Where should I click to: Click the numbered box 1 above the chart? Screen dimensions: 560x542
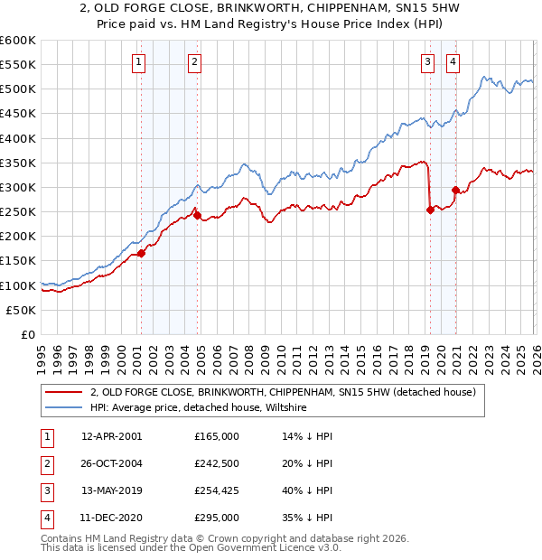click(x=139, y=62)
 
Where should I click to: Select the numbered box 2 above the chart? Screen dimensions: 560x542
click(x=195, y=62)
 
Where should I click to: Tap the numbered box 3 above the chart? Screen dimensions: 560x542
click(x=427, y=62)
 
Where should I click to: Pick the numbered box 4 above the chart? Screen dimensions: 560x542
click(x=453, y=62)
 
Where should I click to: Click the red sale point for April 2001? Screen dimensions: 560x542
click(x=141, y=254)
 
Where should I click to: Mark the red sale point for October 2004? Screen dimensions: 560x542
click(x=197, y=216)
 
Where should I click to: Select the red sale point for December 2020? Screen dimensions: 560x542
click(x=455, y=191)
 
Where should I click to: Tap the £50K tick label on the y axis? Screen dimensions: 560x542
click(x=21, y=310)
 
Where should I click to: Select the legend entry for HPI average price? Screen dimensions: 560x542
click(x=199, y=408)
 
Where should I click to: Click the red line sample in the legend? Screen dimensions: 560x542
click(x=63, y=392)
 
